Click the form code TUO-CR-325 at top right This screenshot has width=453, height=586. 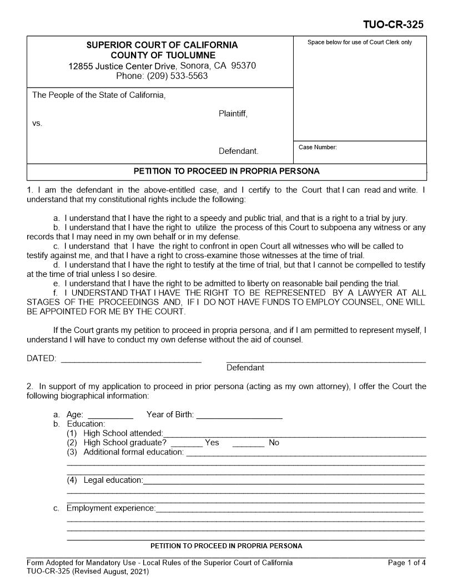click(394, 25)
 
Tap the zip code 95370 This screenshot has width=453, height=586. click(243, 65)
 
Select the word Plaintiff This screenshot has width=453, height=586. click(233, 114)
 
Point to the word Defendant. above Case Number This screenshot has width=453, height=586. click(238, 151)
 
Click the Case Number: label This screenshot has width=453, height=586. click(318, 147)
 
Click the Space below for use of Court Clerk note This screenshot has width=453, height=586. click(360, 42)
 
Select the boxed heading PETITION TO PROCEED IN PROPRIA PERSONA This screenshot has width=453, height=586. click(226, 171)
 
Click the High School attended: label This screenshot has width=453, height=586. click(123, 433)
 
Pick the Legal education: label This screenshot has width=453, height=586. click(113, 480)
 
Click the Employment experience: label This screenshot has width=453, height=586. click(111, 508)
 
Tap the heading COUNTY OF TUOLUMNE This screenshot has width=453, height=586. click(163, 55)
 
